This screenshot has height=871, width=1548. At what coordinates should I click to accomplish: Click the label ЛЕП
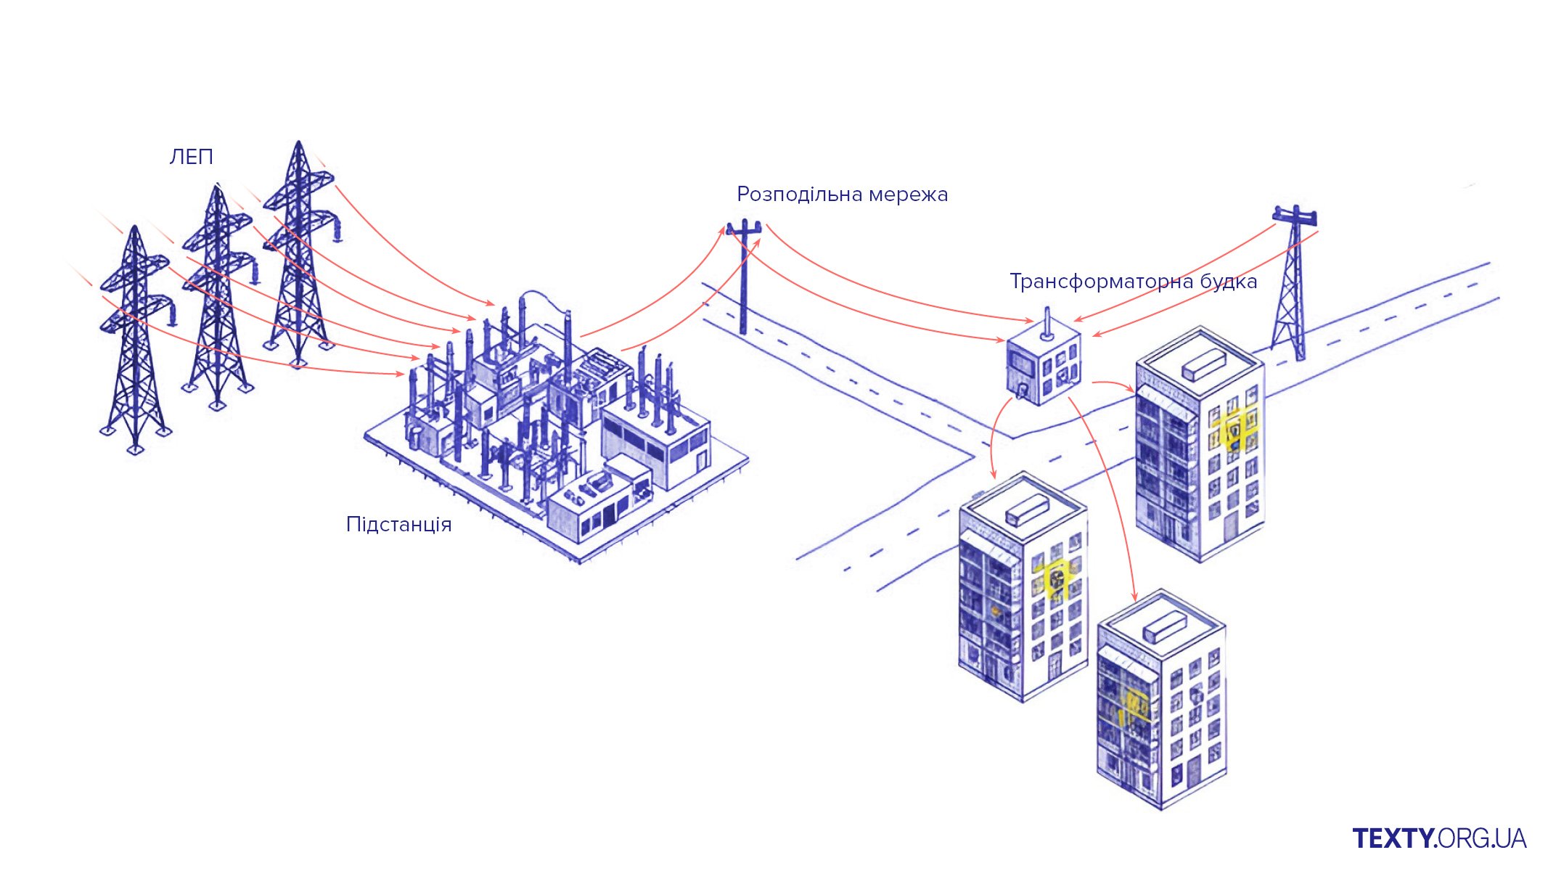tap(191, 157)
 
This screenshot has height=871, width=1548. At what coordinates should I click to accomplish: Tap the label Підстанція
tap(398, 524)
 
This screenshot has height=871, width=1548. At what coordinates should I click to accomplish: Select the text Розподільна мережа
tap(842, 195)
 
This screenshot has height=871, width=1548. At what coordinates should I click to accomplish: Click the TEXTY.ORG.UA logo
tap(1439, 838)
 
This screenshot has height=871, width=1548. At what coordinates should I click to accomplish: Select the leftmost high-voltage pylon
tap(135, 341)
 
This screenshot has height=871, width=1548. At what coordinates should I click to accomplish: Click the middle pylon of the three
tap(216, 298)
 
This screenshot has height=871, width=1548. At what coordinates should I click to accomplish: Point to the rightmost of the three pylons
tap(298, 254)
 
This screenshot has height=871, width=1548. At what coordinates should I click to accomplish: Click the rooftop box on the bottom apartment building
tap(1165, 626)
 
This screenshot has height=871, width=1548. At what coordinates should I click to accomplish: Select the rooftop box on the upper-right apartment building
tap(1203, 363)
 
